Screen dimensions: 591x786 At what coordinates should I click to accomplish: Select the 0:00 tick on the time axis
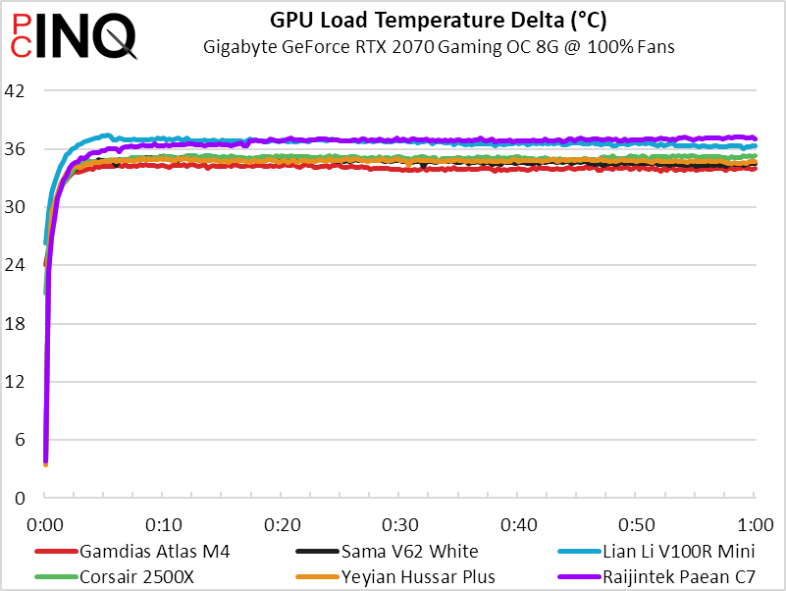[45, 522]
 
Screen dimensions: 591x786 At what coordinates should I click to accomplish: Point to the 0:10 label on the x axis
[163, 522]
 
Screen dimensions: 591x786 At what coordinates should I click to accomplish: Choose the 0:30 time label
[399, 522]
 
